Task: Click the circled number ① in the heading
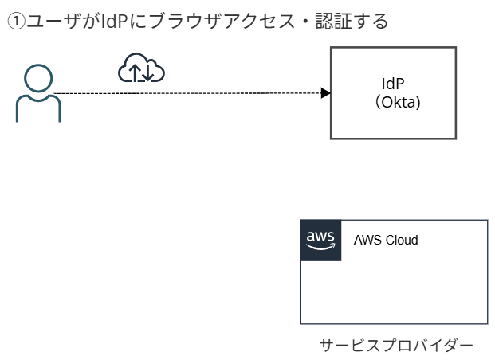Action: point(16,22)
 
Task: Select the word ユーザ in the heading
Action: point(49,22)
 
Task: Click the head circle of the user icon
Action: point(38,79)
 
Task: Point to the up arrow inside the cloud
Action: point(135,73)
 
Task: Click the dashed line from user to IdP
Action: point(191,93)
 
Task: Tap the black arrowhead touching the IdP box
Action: point(325,93)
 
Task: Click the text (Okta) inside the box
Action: point(394,103)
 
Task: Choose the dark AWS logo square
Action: point(320,241)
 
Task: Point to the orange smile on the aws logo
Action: point(320,247)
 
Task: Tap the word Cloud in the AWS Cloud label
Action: point(402,241)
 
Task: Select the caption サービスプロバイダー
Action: point(395,345)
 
